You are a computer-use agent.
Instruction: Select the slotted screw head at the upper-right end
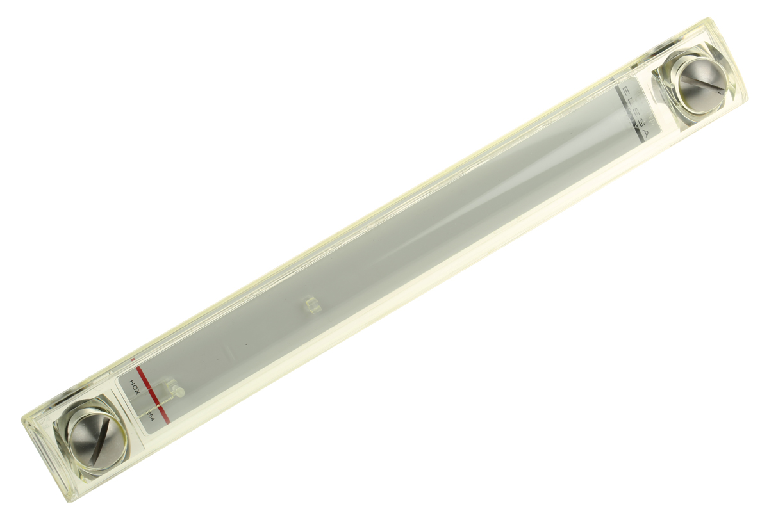tap(700, 83)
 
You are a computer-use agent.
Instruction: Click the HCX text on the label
tap(135, 385)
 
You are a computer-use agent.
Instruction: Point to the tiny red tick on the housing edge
tap(133, 360)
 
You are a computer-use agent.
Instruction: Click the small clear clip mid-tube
tap(312, 304)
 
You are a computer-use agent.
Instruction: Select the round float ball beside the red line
tap(179, 391)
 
